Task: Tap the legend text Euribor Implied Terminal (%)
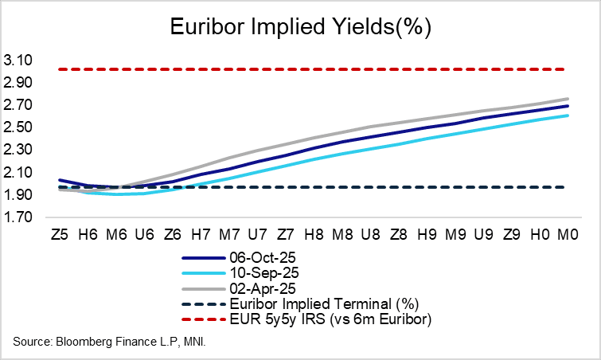(x=318, y=303)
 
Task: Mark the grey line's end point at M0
(x=567, y=99)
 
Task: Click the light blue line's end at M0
(x=567, y=115)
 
